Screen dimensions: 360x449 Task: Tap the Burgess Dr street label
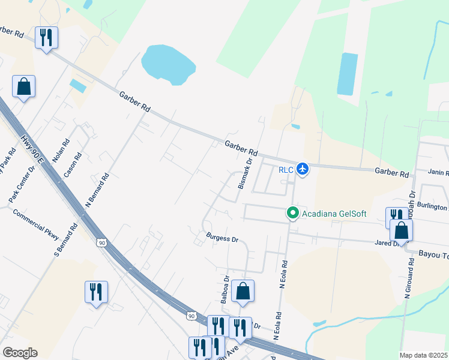[223, 238]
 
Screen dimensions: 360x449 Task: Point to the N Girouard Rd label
[411, 282]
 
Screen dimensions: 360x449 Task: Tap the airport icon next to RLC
[303, 170]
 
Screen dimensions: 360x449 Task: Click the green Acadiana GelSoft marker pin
[293, 213]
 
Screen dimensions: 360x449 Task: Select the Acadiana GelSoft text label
[334, 213]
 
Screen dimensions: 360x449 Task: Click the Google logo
[20, 353]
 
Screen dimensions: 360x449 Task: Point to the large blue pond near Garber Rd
[167, 62]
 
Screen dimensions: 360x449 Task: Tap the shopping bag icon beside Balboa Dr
[243, 291]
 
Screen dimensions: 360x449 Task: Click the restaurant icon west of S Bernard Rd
[96, 292]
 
